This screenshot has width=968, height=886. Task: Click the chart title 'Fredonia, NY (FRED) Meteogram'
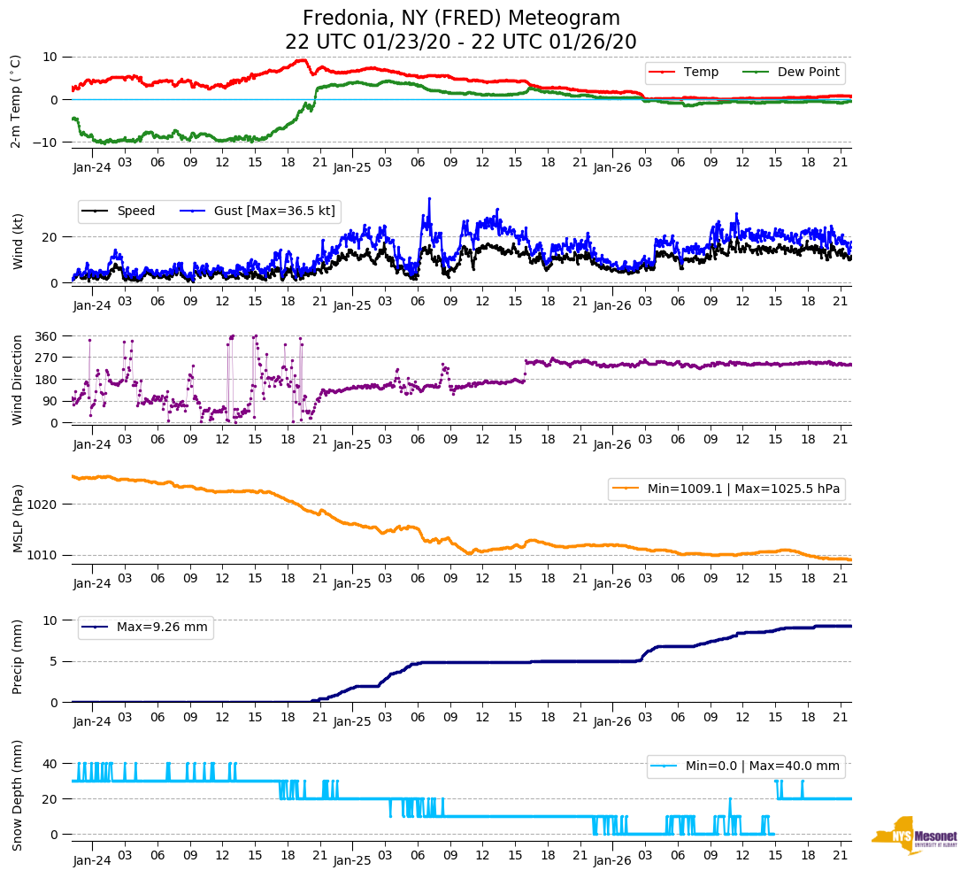tap(461, 18)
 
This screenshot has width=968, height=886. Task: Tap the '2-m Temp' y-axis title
tap(15, 100)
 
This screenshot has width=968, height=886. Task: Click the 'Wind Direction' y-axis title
tap(18, 380)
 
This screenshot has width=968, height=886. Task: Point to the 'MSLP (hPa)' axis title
tap(18, 519)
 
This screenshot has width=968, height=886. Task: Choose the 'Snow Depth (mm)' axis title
tap(18, 795)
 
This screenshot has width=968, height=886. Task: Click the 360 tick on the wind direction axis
tap(46, 336)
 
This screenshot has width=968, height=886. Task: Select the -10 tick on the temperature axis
tap(45, 143)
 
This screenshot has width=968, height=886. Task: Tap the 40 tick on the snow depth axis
tap(50, 764)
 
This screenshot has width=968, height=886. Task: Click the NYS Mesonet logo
tap(914, 835)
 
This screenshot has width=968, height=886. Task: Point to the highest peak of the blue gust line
tap(429, 199)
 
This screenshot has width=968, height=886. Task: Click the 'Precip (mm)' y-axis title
tap(18, 657)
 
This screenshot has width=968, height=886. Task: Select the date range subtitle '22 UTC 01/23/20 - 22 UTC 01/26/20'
tap(461, 42)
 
